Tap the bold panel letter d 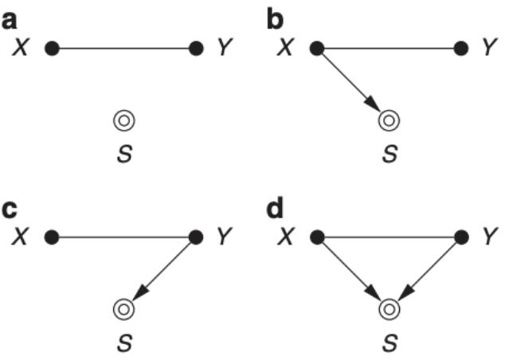coord(275,209)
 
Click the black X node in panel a coord(52,49)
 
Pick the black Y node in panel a coord(197,49)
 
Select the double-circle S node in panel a coord(124,120)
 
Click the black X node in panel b coord(316,49)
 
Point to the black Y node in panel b coord(460,49)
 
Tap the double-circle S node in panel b coord(389,120)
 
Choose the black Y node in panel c coord(197,237)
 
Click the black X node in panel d coord(316,237)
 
